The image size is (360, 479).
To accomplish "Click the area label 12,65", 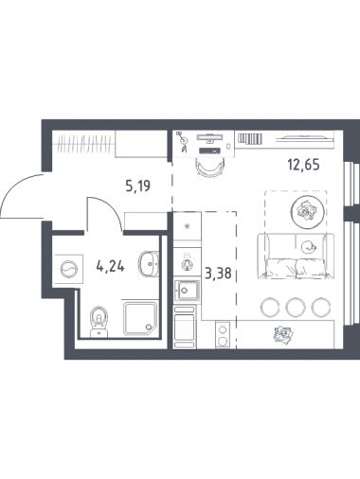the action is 303,165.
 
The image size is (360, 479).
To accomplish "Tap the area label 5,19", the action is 137,186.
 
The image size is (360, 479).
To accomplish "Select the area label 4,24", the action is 111,267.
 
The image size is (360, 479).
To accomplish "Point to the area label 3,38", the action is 218,273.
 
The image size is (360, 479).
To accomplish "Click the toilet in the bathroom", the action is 99,321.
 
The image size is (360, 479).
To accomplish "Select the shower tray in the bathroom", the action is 140,318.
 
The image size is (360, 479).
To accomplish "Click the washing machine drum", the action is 69,269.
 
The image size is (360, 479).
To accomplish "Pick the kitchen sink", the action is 187,291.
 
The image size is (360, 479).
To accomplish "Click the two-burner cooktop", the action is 223,335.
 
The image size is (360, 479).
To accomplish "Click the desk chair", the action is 209,167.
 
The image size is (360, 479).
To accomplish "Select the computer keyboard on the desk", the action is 209,151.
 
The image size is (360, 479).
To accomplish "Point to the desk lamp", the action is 183,142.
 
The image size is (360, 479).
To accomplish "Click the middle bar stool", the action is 296,307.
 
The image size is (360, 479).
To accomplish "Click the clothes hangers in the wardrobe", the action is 85,144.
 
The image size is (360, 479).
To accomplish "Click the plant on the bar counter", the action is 283,334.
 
